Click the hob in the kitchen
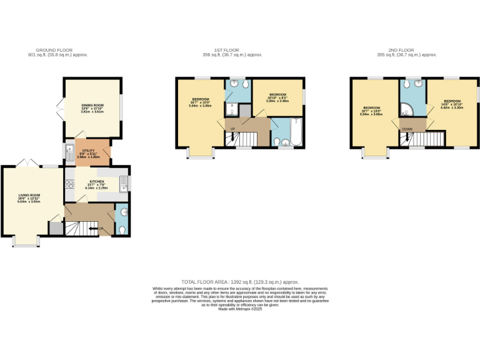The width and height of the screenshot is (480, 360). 69,185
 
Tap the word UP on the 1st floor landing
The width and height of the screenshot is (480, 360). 233,129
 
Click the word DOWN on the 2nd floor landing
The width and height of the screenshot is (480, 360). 407,130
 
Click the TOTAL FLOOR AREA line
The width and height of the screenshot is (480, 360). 240,282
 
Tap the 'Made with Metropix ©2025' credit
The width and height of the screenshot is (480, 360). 240,307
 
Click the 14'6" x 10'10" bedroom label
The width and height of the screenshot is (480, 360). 452,104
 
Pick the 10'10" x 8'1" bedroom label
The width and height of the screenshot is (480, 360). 277,98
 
